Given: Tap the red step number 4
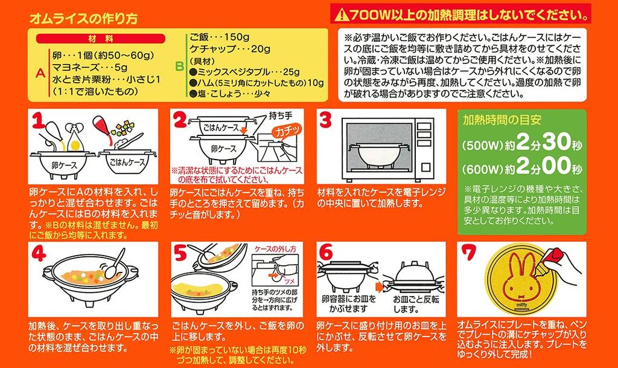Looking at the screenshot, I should [x=39, y=256].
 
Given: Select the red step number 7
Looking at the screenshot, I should [x=469, y=256].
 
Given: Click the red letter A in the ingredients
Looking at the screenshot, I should [x=40, y=73].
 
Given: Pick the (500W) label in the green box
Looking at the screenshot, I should [x=482, y=146].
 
